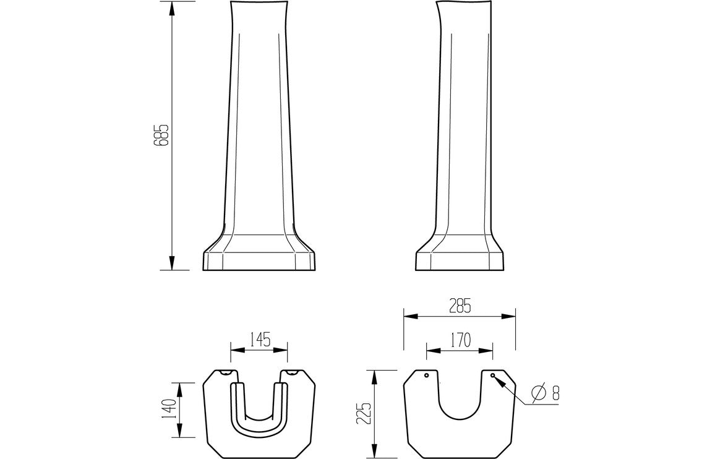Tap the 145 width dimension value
pos(259,340)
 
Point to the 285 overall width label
pos(460,304)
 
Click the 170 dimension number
pos(460,340)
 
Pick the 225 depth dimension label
pos(366,413)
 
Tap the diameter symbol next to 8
pos(538,392)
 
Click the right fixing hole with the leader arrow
pos(493,375)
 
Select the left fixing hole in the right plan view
pos(426,375)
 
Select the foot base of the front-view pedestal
pos(260,260)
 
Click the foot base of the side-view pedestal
pos(461,260)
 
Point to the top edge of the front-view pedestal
pos(260,3)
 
